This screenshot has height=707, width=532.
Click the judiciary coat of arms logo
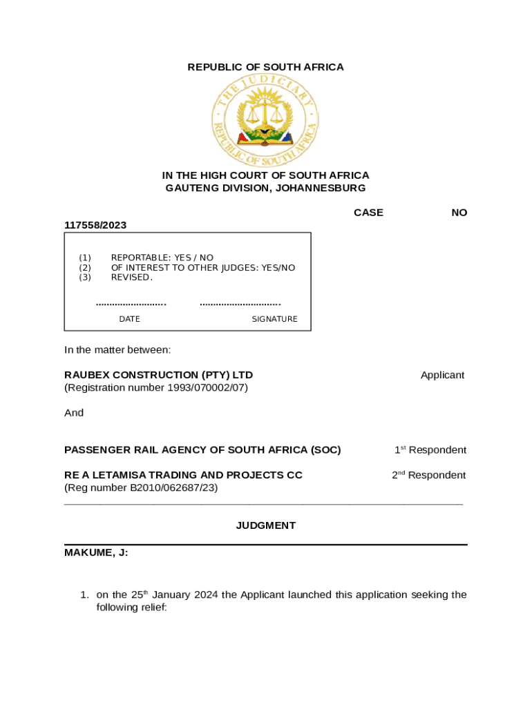tap(265, 121)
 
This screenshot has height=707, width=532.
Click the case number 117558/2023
tap(95, 225)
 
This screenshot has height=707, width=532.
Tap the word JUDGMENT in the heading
tap(266, 525)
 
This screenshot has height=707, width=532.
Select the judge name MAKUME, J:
tap(96, 552)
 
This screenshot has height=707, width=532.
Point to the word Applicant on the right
tap(442, 375)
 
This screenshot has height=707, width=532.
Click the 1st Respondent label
tap(430, 450)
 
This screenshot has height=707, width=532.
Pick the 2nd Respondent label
tap(429, 475)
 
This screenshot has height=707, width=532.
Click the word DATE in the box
tap(129, 319)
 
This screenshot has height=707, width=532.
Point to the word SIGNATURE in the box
tap(274, 319)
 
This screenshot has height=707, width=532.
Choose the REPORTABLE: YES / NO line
tap(162, 258)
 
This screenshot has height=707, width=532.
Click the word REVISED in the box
tap(131, 277)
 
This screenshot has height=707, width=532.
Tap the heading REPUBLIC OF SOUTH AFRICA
tap(266, 67)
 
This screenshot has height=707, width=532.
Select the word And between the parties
tap(74, 413)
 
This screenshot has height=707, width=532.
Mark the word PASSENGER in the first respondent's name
tap(95, 450)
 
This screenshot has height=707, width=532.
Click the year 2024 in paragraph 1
tap(206, 594)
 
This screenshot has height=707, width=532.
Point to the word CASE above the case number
tap(368, 213)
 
